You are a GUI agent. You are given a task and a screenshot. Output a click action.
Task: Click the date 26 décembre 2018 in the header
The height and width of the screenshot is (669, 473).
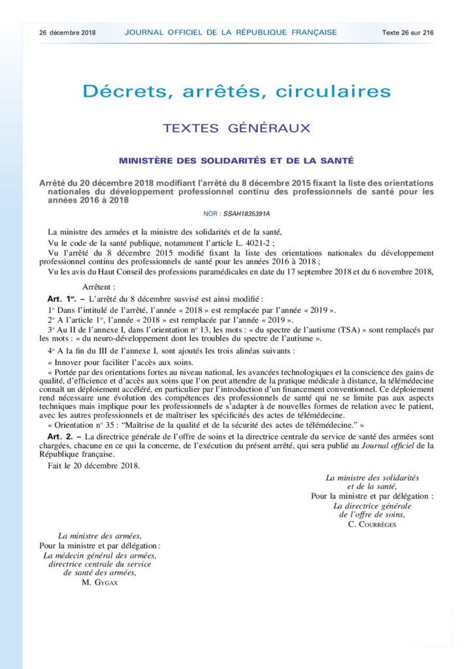click(x=67, y=32)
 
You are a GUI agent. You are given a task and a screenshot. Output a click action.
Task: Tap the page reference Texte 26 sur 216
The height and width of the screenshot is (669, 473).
click(x=408, y=32)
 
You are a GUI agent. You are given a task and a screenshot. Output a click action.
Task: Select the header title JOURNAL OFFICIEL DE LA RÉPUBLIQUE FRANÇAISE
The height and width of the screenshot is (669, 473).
click(x=231, y=32)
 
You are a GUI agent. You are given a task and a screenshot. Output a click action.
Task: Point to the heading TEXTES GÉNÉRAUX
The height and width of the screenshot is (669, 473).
click(x=236, y=129)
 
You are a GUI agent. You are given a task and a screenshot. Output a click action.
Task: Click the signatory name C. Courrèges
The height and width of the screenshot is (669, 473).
click(x=378, y=524)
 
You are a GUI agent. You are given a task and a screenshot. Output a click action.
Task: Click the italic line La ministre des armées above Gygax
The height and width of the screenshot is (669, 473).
click(x=100, y=535)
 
